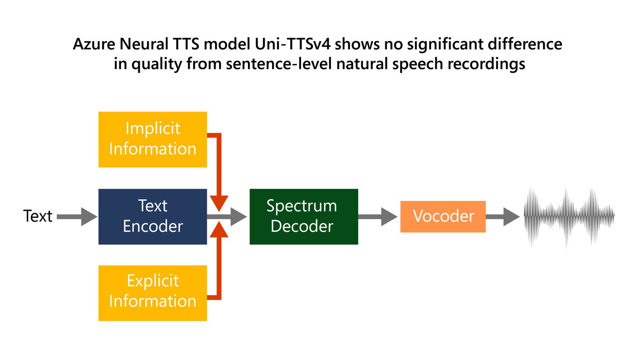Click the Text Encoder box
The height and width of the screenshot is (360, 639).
point(153,216)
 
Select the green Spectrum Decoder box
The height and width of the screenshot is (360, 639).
point(304,216)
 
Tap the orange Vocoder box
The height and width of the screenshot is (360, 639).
point(443,216)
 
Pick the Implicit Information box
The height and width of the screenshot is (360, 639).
point(153,139)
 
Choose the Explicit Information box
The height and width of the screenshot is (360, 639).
point(153,292)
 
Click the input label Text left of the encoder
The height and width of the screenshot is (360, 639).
point(38,216)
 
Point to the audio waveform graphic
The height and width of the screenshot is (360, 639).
point(569,216)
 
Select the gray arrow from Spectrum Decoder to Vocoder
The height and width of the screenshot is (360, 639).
point(377,216)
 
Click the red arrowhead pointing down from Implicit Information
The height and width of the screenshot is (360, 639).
point(219,203)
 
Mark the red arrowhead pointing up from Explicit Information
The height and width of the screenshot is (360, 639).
point(219,230)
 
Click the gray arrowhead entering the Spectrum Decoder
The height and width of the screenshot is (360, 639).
point(238,216)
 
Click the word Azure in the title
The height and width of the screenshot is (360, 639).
point(94,44)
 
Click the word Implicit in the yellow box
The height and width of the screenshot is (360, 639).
point(153,128)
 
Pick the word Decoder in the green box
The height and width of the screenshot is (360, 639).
point(302,226)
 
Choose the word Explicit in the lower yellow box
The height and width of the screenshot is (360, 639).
point(153,281)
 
